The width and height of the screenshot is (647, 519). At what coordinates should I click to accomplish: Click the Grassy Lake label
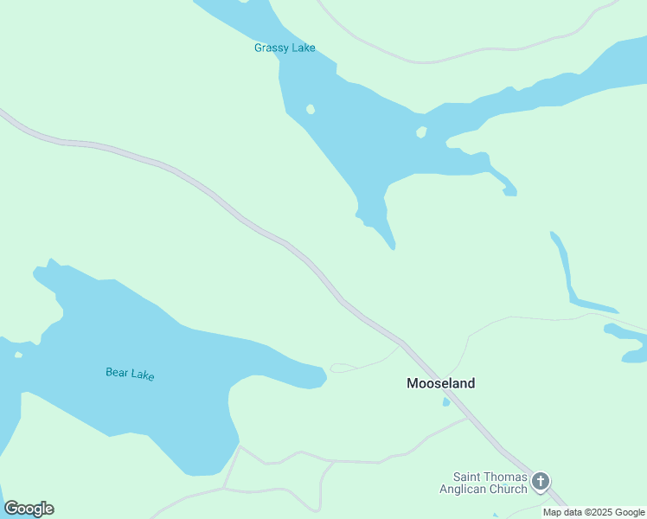point(285,48)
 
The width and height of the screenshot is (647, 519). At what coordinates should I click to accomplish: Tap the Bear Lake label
point(130,374)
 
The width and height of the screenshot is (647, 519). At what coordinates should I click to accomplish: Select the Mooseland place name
point(440,383)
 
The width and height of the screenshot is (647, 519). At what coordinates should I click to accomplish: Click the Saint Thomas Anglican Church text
point(490,483)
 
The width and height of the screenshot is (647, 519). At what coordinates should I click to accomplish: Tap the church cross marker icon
point(541,481)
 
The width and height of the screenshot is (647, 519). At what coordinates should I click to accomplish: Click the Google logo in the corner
point(29,509)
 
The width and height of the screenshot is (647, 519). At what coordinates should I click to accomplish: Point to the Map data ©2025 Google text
point(593,512)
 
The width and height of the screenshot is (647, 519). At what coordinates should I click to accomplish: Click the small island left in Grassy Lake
point(311,109)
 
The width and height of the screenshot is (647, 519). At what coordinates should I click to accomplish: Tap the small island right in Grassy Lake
point(421,132)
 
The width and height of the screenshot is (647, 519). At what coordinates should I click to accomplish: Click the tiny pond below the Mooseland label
point(446,402)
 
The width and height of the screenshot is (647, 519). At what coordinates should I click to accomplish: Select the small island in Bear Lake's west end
point(18,354)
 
